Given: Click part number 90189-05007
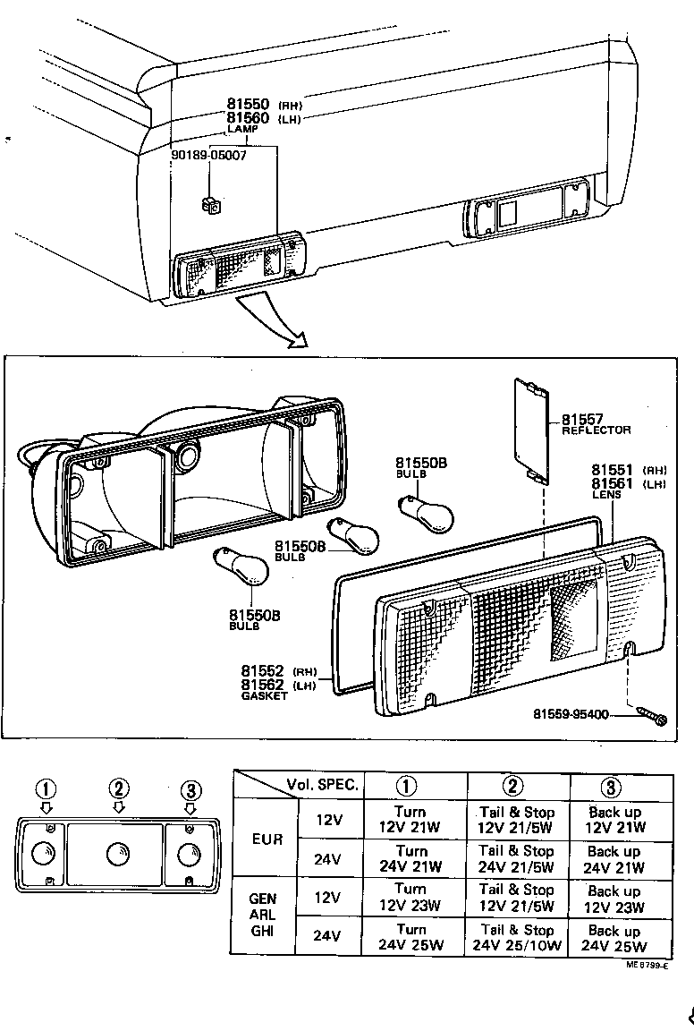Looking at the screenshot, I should pos(208,155).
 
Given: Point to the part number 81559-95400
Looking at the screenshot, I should pos(571,714).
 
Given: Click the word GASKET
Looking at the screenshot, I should pos(265,695).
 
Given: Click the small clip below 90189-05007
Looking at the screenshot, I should pos(212,206).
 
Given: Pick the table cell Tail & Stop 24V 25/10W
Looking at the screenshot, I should pos(518,937).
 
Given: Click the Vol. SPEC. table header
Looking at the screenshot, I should pos(323,786).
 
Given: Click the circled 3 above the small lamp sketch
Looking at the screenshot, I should pos(190,789).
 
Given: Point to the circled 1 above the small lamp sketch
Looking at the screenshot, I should pos(47,789).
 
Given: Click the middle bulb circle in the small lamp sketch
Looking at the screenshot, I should pos(117,855).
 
